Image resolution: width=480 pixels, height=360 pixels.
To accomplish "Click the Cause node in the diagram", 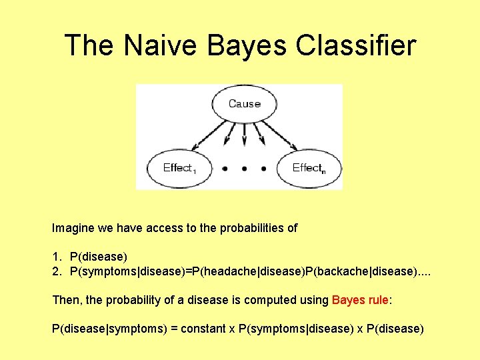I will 244,104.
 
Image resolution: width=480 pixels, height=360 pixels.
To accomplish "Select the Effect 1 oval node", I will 179,168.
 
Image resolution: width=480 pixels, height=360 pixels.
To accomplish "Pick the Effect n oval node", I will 309,168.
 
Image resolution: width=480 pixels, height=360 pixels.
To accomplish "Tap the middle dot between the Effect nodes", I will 244,169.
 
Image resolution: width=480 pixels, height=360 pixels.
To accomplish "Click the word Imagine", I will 73,228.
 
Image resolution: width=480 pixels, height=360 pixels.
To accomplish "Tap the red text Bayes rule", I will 360,300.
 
